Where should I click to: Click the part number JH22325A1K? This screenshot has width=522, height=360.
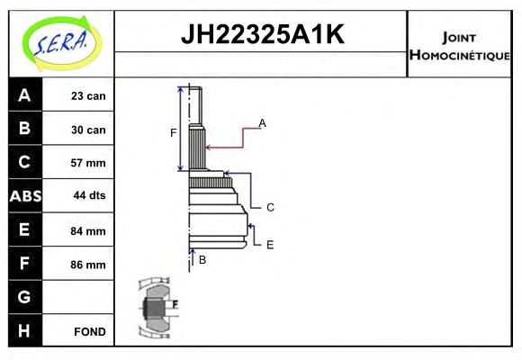click(262, 35)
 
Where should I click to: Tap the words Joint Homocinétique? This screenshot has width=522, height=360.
click(459, 46)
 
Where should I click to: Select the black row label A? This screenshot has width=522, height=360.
click(24, 95)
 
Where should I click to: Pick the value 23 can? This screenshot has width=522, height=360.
click(88, 96)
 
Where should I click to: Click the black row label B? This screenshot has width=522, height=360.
click(24, 129)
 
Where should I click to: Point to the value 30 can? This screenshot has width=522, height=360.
click(88, 130)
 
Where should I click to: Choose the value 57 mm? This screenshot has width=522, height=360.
click(88, 163)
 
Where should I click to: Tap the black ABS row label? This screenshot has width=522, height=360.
click(24, 196)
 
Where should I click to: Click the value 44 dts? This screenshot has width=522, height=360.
click(88, 196)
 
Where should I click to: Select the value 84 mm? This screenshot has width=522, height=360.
click(88, 230)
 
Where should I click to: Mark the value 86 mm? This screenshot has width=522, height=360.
click(88, 265)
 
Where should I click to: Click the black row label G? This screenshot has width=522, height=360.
click(24, 297)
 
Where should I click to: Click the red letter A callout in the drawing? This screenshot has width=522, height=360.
click(262, 122)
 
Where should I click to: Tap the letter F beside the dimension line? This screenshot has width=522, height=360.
click(174, 133)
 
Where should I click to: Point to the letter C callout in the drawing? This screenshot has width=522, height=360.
click(269, 207)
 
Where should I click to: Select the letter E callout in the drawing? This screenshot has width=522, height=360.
click(269, 243)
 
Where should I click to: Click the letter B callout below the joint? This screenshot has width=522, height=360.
click(202, 259)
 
